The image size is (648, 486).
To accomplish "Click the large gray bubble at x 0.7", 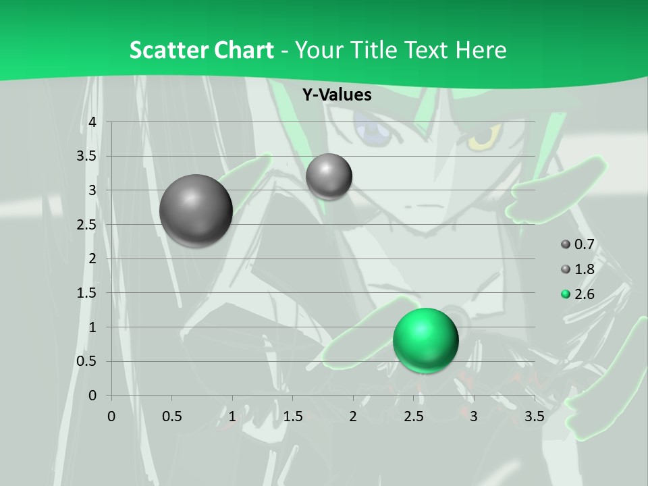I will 196,211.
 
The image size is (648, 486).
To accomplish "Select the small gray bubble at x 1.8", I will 329,176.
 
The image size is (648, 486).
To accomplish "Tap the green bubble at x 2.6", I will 425,340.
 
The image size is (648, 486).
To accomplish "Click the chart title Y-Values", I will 336,95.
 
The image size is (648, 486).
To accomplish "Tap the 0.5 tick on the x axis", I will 171,416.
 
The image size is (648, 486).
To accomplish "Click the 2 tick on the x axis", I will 353,416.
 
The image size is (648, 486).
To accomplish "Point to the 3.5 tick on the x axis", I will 534,416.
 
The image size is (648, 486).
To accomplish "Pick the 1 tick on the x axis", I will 232,416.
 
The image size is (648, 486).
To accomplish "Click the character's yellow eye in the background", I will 484,137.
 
